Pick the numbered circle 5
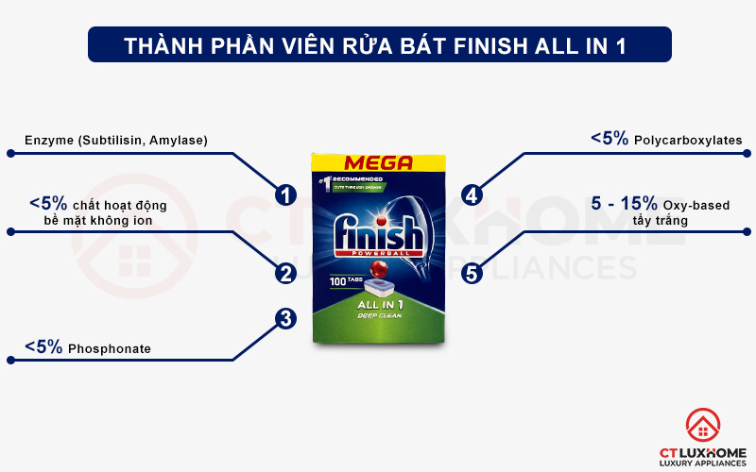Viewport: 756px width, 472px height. pyautogui.click(x=472, y=273)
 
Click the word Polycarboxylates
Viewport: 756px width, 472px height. pyautogui.click(x=688, y=141)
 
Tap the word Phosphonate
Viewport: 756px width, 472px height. pyautogui.click(x=109, y=349)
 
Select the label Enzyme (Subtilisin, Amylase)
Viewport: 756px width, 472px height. pyautogui.click(x=116, y=141)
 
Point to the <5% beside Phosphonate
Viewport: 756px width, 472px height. pyautogui.click(x=43, y=347)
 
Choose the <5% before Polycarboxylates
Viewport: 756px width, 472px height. pyautogui.click(x=610, y=139)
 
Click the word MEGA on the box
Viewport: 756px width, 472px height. pyautogui.click(x=378, y=162)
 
